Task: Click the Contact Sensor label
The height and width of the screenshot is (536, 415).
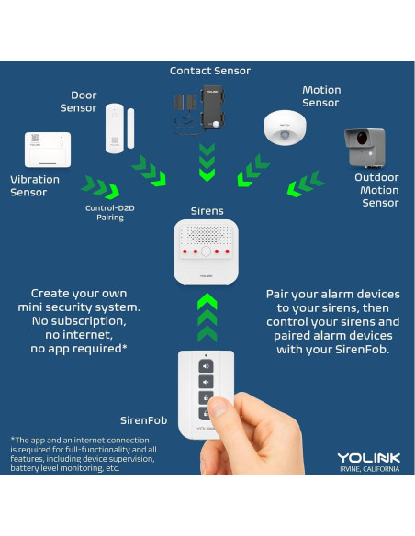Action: coord(209,71)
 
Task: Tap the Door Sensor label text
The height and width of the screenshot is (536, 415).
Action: coord(78,101)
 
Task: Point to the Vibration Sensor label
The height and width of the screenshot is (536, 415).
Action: coord(34,185)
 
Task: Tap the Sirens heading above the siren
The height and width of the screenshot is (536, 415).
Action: coord(207,211)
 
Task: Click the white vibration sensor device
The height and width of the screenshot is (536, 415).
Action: coord(48,150)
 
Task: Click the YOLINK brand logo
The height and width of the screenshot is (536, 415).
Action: coord(367,457)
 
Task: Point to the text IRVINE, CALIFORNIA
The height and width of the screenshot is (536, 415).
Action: coord(368,469)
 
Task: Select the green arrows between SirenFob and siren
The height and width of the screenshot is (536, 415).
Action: coord(207,317)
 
